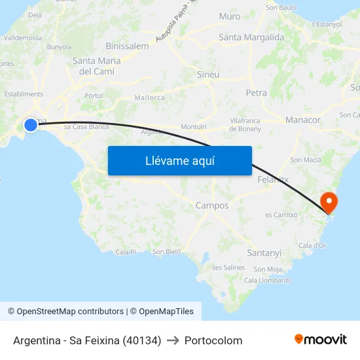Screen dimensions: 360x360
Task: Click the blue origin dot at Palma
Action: [31, 124]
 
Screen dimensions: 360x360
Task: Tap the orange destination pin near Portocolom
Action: [327, 202]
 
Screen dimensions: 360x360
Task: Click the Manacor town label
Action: [303, 120]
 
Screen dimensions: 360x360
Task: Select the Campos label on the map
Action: [212, 206]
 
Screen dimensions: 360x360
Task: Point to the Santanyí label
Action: [264, 253]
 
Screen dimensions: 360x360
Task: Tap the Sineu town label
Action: [208, 75]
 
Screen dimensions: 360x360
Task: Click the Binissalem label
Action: [127, 46]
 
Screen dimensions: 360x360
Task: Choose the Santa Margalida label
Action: [251, 37]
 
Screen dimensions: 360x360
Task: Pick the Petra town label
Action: [256, 93]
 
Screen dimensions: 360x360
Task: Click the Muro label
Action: [230, 16]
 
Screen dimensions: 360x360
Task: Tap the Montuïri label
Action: [194, 126]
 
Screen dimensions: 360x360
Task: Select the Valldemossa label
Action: [23, 38]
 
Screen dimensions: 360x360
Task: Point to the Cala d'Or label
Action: [312, 245]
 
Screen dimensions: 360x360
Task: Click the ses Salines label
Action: [228, 267]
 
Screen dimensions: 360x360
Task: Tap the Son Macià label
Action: [306, 160]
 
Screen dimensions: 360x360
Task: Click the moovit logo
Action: [321, 339]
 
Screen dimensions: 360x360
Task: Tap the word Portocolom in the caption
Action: [213, 340]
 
